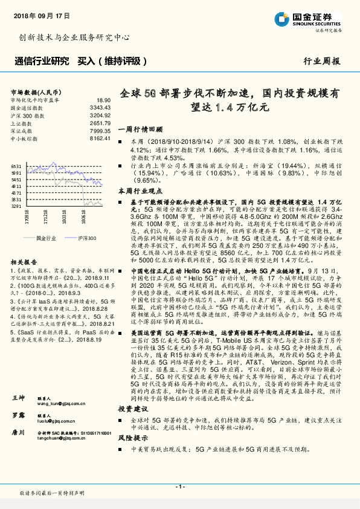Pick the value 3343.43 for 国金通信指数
click(100, 107)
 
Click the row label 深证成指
click(22, 131)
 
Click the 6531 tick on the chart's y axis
click(16, 166)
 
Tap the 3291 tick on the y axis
click(16, 206)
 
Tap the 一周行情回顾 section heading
click(140, 129)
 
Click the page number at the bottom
click(179, 487)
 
